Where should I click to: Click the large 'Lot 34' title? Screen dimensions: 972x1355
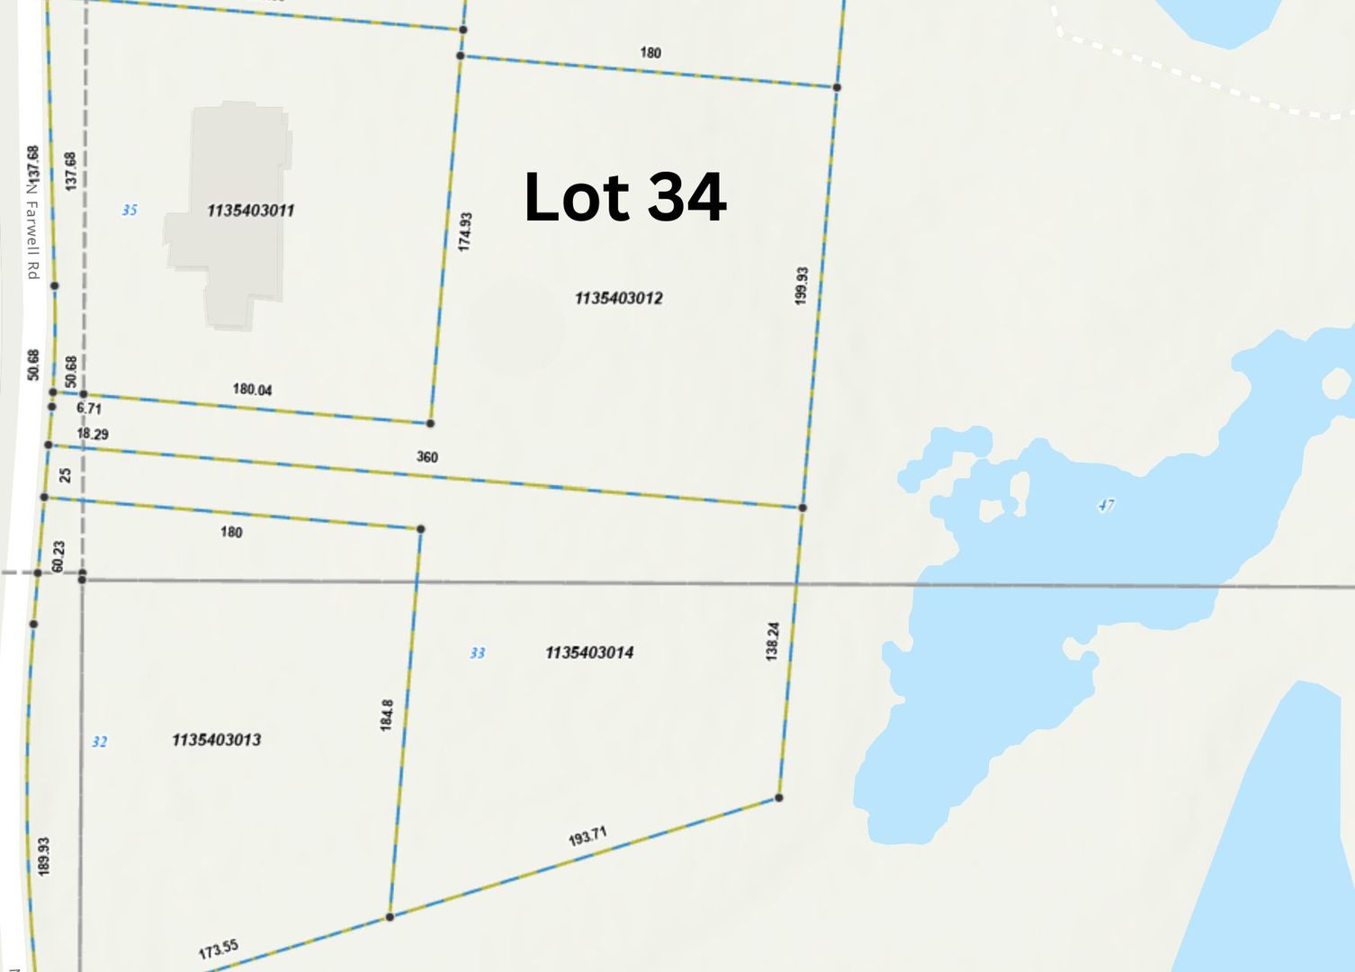624,197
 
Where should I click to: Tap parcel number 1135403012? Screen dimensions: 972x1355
618,298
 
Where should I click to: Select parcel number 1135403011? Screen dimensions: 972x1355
250,211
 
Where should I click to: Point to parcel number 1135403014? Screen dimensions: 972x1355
589,652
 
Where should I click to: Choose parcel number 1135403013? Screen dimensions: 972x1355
216,740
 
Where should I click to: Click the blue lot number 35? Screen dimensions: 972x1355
130,210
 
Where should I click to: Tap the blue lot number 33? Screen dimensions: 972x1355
477,652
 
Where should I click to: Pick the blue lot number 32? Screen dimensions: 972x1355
99,742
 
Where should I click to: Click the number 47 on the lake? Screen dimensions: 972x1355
1106,505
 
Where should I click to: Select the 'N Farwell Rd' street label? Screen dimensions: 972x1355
32,230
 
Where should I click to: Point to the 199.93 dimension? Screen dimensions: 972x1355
802,285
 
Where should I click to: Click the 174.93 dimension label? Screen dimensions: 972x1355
465,231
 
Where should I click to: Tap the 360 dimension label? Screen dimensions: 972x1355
427,457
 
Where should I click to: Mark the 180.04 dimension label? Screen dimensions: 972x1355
252,390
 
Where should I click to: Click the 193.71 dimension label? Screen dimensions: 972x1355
588,837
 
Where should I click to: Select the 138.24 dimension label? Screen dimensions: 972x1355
772,642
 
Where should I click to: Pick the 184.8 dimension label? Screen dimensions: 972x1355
387,715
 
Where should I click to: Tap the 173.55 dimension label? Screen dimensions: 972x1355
218,949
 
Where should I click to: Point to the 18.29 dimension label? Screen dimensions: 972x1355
93,434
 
